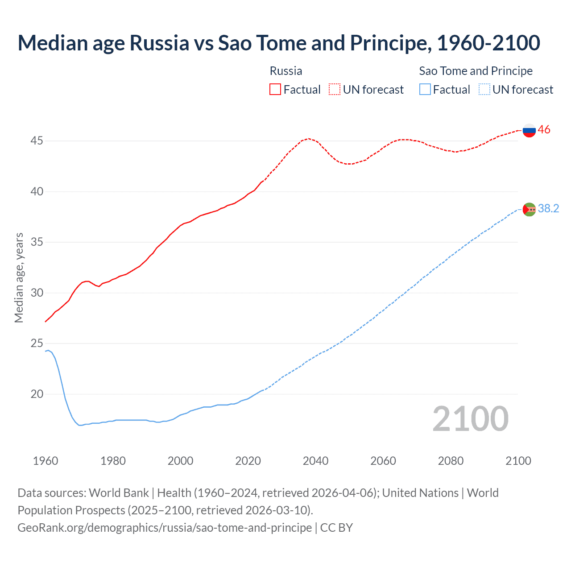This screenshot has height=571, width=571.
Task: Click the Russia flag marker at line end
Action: coord(529,130)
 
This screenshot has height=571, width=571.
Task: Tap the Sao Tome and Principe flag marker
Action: coord(529,209)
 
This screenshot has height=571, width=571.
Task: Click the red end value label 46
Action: coord(544,130)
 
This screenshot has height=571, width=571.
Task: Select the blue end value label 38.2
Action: coord(548,208)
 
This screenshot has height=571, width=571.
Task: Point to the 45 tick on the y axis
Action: coord(37,141)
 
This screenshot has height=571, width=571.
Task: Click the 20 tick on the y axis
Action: coord(37,394)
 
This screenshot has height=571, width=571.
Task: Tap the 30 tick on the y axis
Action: coord(37,293)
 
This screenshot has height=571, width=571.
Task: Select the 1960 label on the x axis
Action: coord(46,461)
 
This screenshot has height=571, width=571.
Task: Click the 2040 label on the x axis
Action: coord(315,461)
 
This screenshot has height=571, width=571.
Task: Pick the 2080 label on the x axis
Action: coord(451,461)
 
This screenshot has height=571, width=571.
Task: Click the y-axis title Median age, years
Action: coord(19,277)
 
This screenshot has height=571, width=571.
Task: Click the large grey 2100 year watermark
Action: coord(470,418)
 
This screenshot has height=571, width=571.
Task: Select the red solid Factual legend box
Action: coord(275,90)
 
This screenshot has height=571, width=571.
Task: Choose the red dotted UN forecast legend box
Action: coord(335,90)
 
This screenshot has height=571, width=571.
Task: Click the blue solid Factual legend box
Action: coord(425,90)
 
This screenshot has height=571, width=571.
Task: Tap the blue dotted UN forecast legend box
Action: coord(484,90)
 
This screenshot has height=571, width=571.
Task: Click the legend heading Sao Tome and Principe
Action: coord(476,71)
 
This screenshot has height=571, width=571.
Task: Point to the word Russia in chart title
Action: coord(159,43)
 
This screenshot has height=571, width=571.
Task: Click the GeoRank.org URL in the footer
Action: coord(165,527)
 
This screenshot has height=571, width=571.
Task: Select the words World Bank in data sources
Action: coord(119,493)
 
